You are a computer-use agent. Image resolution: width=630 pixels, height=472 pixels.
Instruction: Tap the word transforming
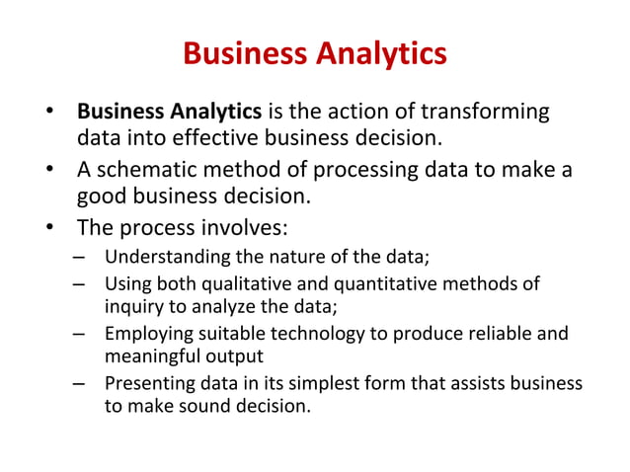[x=485, y=110]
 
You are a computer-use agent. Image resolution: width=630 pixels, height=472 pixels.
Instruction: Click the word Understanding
[x=168, y=260]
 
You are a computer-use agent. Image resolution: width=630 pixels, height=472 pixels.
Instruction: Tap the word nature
[x=303, y=260]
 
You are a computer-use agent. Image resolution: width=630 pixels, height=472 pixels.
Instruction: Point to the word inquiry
[x=134, y=306]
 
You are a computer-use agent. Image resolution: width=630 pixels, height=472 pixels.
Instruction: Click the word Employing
[x=147, y=333]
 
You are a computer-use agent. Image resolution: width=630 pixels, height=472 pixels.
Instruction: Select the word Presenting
[x=148, y=382]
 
